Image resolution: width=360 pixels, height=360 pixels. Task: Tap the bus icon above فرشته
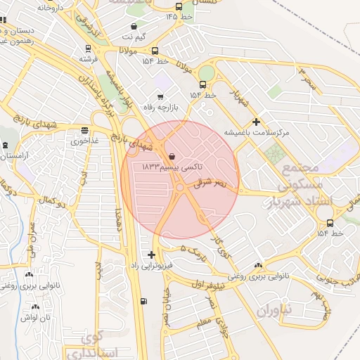(88, 49)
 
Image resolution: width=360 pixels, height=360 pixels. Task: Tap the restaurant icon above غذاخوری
(85, 130)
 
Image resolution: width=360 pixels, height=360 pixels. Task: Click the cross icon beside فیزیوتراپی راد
(152, 255)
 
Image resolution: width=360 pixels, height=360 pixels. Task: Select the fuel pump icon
(144, 301)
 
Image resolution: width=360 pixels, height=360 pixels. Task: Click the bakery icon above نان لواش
(36, 307)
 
